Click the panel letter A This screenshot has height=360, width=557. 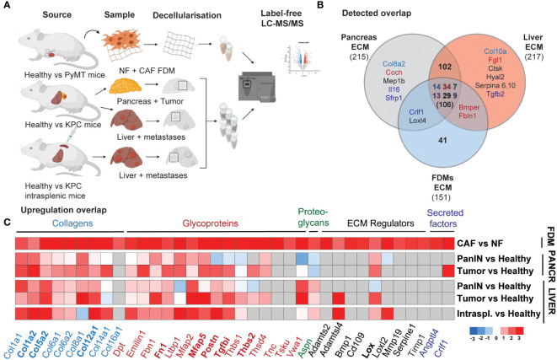pyautogui.click(x=6, y=7)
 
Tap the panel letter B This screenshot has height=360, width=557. pyautogui.click(x=322, y=7)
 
